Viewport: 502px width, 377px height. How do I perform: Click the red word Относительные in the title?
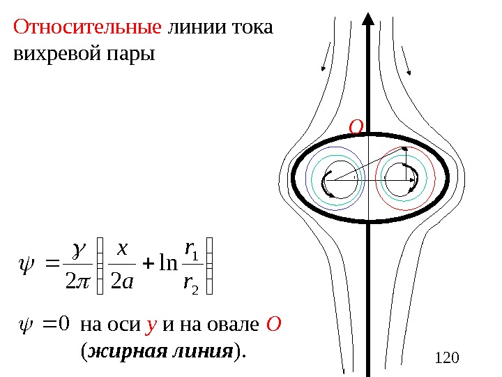87,29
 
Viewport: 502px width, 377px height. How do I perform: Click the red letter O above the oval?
356,128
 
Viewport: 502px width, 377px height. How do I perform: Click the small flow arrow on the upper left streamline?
324,67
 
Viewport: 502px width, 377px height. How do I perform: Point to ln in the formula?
168,266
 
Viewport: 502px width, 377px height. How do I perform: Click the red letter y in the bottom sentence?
150,325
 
